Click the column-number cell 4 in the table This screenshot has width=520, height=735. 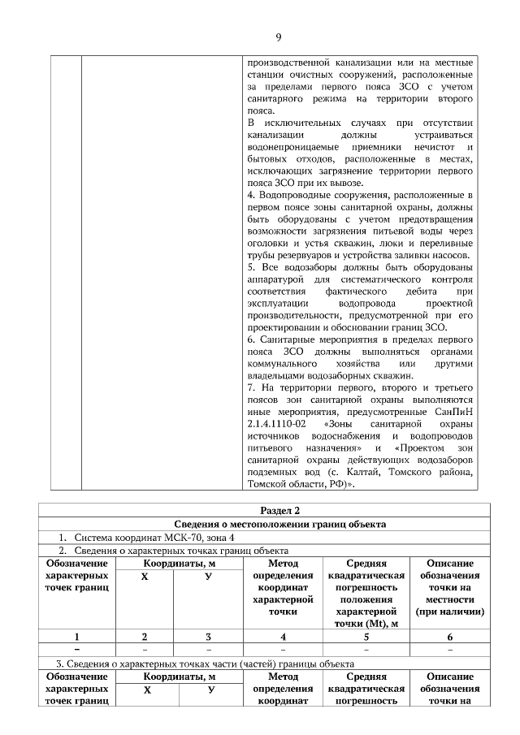pyautogui.click(x=283, y=637)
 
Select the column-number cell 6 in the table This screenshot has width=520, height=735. pyautogui.click(x=449, y=637)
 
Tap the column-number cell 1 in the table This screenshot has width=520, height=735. pyautogui.click(x=77, y=637)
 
